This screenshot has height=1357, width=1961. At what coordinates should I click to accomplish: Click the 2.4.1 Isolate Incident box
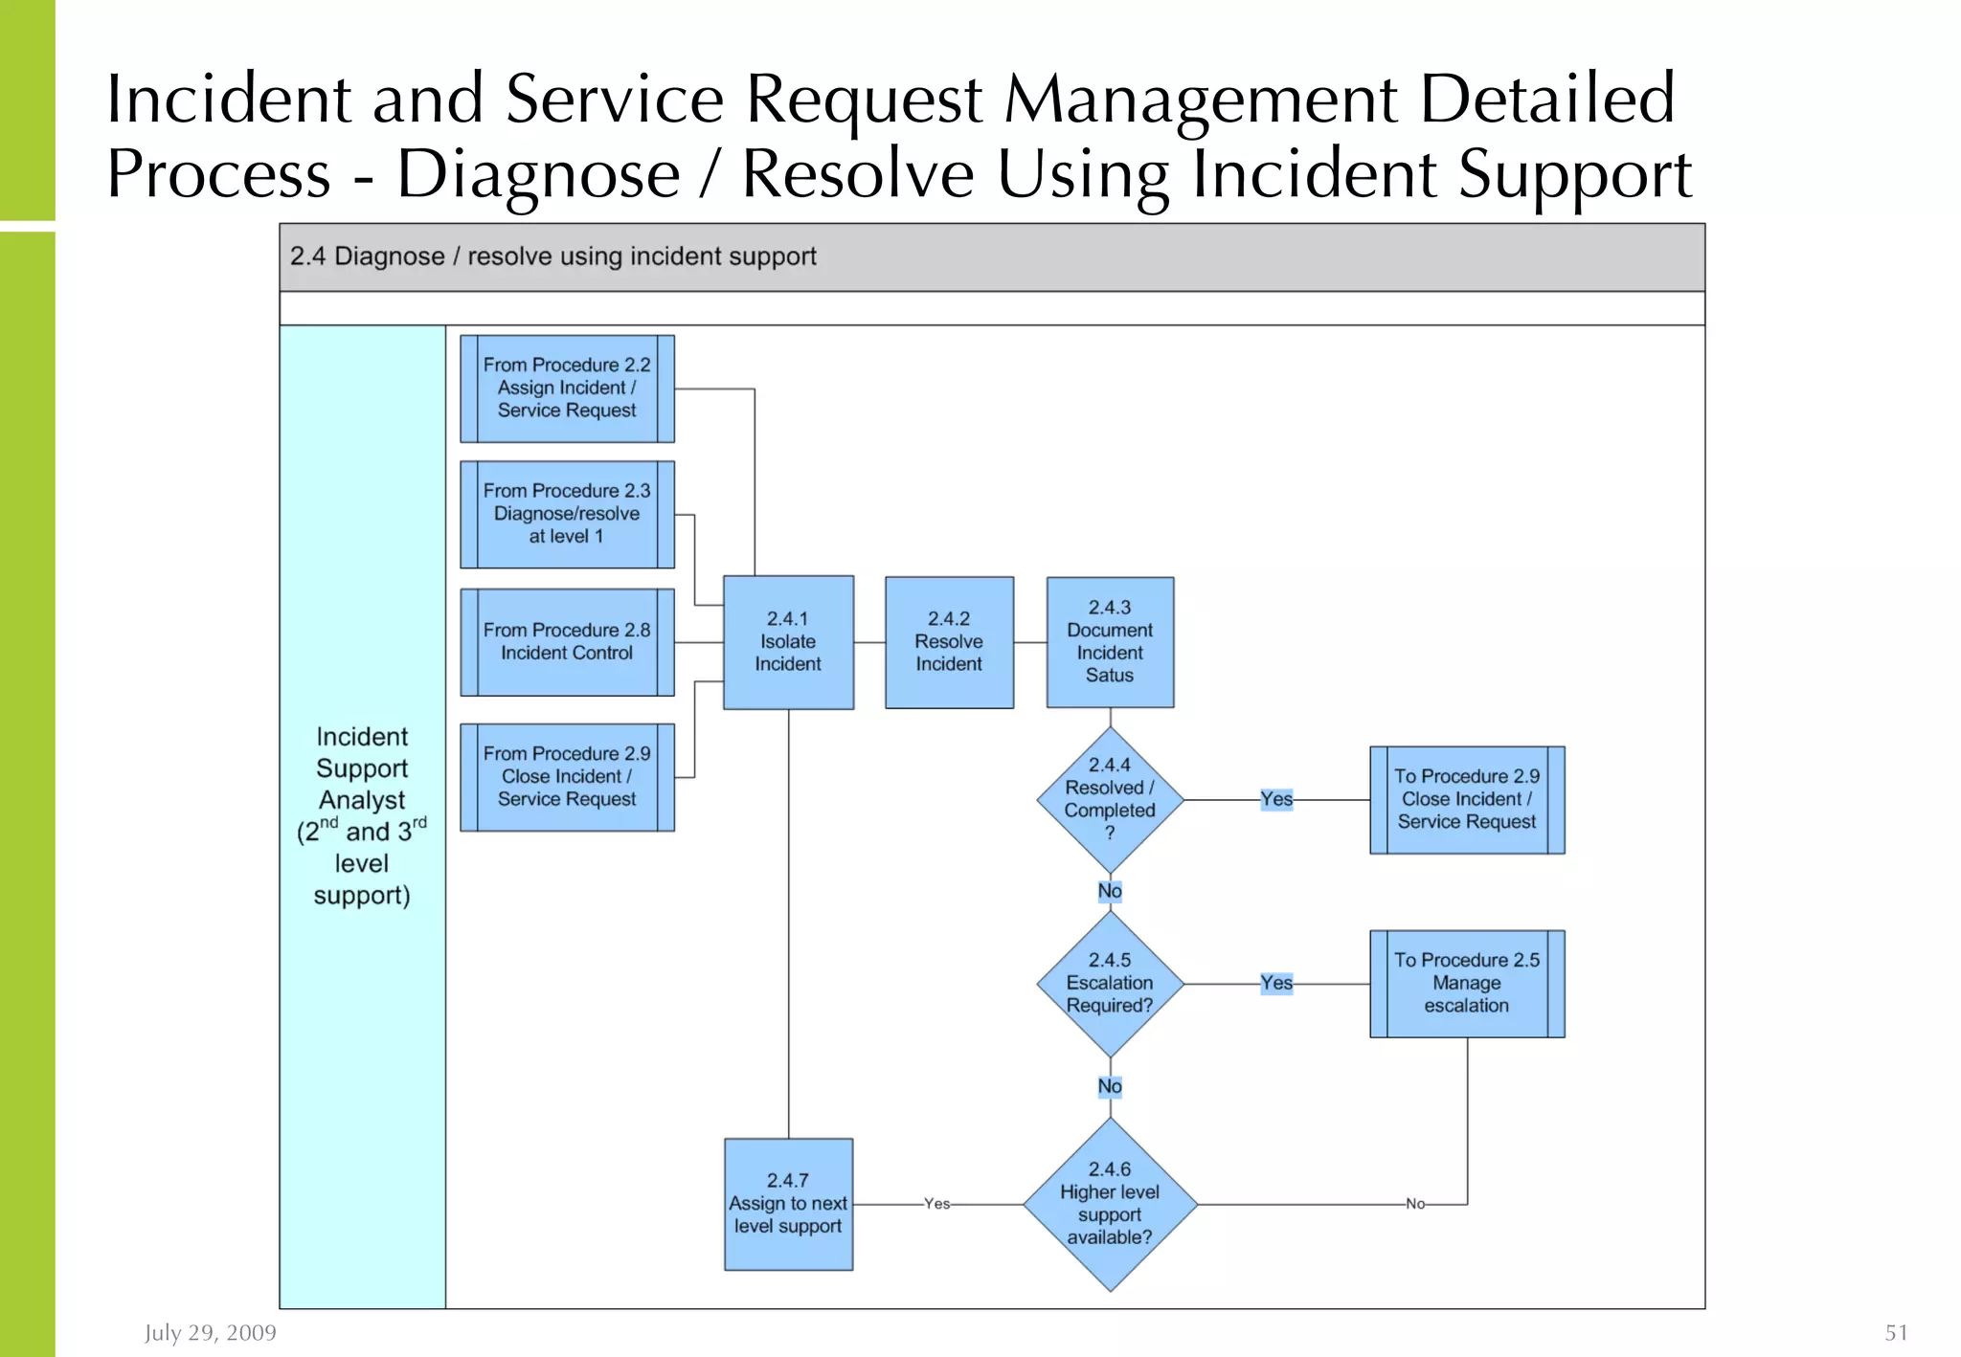[788, 642]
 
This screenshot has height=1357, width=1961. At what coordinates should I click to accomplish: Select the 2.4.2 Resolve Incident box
[949, 642]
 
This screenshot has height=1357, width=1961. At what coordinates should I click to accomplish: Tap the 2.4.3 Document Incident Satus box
[1110, 642]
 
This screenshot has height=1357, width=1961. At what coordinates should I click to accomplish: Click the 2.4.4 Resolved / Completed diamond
[1110, 799]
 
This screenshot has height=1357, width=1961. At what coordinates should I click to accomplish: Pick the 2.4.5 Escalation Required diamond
[1110, 983]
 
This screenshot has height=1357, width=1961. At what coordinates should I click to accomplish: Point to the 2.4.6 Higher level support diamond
[1110, 1204]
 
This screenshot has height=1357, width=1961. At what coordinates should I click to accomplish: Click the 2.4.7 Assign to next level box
[788, 1204]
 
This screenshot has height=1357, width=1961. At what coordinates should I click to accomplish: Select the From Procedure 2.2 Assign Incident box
[567, 389]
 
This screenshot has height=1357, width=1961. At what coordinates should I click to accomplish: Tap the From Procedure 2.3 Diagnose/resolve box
[567, 514]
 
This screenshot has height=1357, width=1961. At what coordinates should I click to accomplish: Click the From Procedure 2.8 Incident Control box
[567, 642]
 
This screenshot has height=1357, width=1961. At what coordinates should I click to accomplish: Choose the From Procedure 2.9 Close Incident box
[567, 777]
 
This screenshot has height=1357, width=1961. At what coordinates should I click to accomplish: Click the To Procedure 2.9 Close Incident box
[1467, 799]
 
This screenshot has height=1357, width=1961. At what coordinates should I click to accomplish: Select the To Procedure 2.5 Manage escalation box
[1467, 983]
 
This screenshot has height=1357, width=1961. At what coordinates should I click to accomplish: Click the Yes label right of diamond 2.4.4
[1276, 799]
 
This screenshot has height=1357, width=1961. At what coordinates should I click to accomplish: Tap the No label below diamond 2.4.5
[1110, 1086]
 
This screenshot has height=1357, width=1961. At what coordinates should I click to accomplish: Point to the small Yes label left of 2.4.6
[936, 1204]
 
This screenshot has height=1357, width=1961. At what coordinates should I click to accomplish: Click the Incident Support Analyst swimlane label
[362, 815]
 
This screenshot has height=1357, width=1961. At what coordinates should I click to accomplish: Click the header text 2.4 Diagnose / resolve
[553, 256]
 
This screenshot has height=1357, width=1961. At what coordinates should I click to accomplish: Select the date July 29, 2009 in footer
[211, 1332]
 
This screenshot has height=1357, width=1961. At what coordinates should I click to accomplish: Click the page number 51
[1896, 1332]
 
